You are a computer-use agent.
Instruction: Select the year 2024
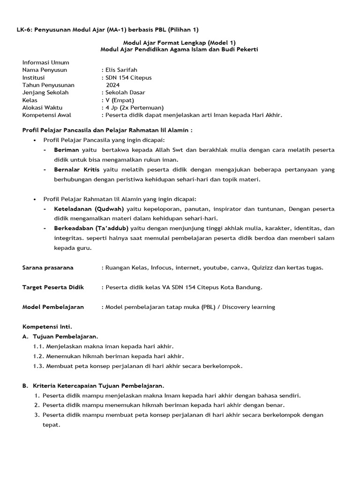[113, 85]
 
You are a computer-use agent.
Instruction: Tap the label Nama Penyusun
[45, 70]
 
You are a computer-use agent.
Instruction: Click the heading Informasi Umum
[45, 62]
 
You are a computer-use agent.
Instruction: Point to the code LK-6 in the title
[24, 30]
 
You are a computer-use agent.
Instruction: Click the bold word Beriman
[66, 150]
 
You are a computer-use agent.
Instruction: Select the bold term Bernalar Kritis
[77, 170]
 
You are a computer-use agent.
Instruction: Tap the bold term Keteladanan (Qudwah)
[89, 209]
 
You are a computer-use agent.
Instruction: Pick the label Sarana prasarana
[48, 268]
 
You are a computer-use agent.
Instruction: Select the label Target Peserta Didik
[53, 287]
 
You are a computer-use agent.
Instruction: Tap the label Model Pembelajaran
[53, 307]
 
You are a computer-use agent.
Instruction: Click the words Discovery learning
[248, 307]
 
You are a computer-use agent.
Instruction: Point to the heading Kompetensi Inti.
[47, 327]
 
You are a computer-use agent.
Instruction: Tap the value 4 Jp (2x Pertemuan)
[134, 107]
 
